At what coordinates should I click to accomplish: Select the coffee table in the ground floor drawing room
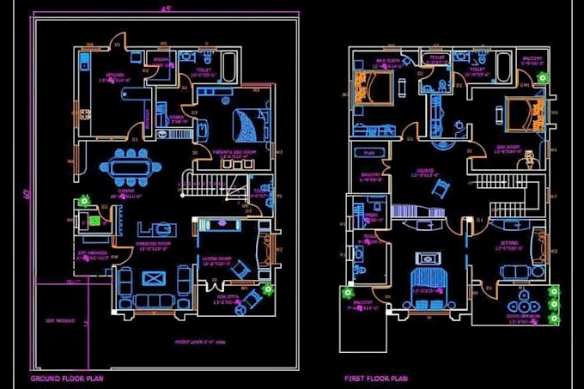click(154, 278)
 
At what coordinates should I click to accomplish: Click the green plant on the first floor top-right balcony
click(540, 77)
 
